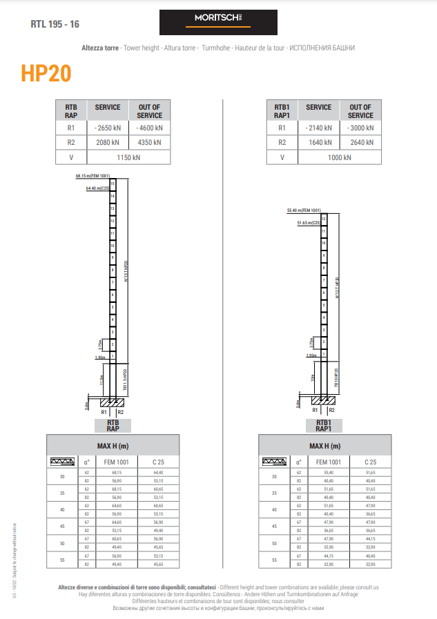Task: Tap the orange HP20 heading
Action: (46, 74)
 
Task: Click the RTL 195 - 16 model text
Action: (55, 24)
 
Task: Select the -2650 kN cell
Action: (107, 128)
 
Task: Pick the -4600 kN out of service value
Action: (149, 128)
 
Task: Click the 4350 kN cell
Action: (149, 143)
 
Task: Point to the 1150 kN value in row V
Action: (128, 157)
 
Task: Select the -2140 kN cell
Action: (318, 128)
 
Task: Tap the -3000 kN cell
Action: (360, 128)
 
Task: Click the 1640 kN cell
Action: (318, 143)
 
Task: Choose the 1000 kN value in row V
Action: (340, 157)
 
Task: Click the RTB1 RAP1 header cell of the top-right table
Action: (282, 111)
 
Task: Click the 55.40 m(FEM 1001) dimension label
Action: (304, 210)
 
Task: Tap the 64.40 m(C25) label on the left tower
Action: (98, 188)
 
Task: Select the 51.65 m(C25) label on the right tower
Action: (308, 223)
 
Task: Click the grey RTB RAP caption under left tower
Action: (113, 425)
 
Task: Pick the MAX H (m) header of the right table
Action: (324, 446)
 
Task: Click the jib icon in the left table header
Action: (63, 462)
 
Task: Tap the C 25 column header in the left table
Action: (158, 462)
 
